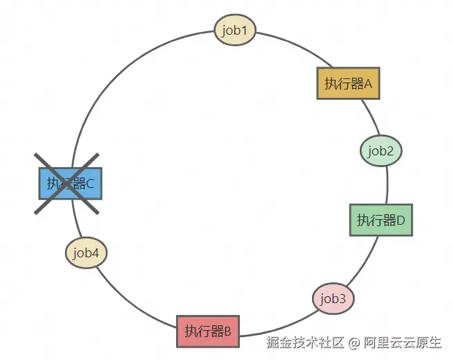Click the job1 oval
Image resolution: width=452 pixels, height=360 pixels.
(x=235, y=30)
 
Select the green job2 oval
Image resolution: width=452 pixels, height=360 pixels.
(x=381, y=151)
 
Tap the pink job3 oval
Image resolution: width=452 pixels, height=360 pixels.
(x=333, y=298)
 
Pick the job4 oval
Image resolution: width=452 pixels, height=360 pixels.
(x=86, y=253)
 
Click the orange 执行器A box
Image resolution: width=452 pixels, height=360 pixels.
(x=348, y=83)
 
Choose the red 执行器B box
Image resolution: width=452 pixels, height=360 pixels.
(x=208, y=332)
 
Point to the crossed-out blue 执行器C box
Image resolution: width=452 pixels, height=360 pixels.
(x=70, y=183)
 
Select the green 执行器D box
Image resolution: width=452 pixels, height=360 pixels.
(x=381, y=220)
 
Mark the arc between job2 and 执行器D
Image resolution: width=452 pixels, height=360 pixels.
(x=387, y=185)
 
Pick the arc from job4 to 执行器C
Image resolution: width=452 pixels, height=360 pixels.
(x=76, y=218)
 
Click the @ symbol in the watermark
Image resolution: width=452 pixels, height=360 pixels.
(x=354, y=343)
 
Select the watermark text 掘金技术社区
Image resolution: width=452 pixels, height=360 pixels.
(x=305, y=343)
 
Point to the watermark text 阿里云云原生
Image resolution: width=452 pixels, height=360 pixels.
(x=402, y=343)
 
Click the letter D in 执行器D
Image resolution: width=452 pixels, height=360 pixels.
(x=401, y=221)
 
